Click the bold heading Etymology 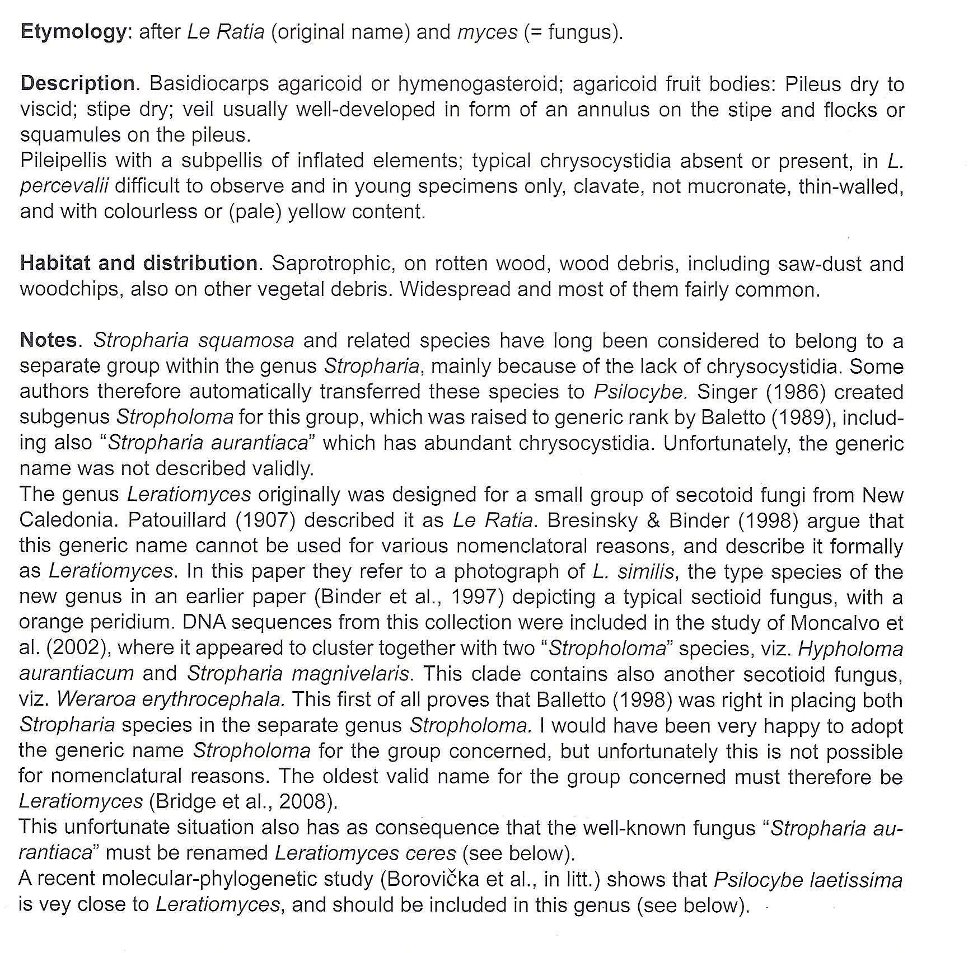click(73, 31)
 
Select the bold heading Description click(78, 84)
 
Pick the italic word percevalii click(64, 186)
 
